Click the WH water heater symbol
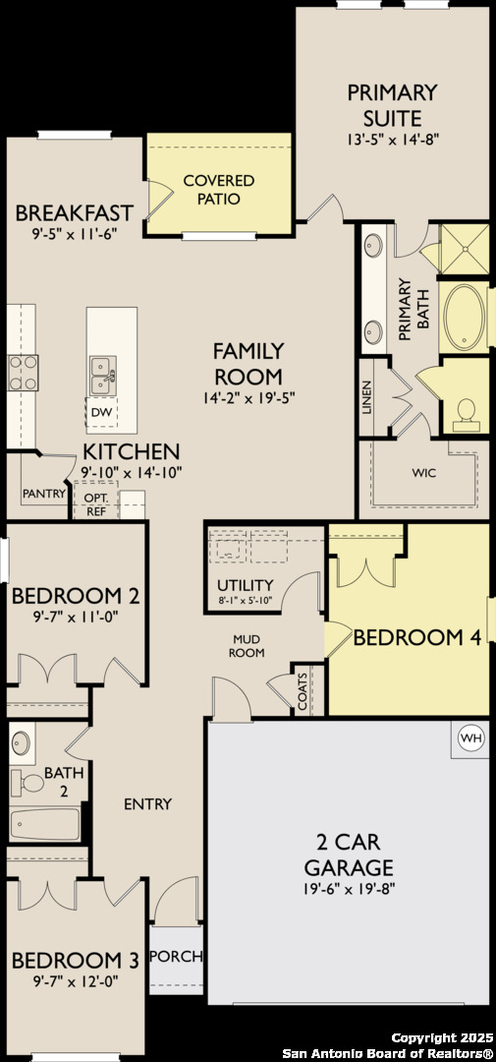pyautogui.click(x=471, y=737)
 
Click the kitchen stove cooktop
pyautogui.click(x=23, y=374)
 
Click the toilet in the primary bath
pyautogui.click(x=466, y=413)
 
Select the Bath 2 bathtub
pyautogui.click(x=44, y=824)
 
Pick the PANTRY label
pyautogui.click(x=44, y=493)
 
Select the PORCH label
pyautogui.click(x=176, y=957)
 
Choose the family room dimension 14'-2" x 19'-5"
pyautogui.click(x=249, y=399)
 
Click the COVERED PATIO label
pyautogui.click(x=219, y=190)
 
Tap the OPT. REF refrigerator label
pyautogui.click(x=92, y=503)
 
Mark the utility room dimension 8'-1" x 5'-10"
pyautogui.click(x=244, y=600)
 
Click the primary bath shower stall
pyautogui.click(x=465, y=249)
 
